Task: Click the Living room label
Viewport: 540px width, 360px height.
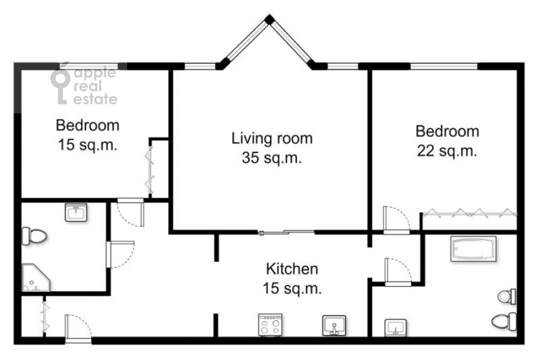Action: pyautogui.click(x=272, y=139)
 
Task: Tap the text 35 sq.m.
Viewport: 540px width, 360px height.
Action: pyautogui.click(x=272, y=158)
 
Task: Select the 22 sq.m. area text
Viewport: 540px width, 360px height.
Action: pyautogui.click(x=447, y=151)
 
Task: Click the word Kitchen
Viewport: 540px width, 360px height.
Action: pyautogui.click(x=292, y=269)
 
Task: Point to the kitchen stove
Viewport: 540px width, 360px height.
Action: pyautogui.click(x=271, y=325)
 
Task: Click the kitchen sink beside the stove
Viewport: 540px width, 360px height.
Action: pyautogui.click(x=334, y=326)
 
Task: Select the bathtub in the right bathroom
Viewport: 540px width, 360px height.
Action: pyautogui.click(x=473, y=248)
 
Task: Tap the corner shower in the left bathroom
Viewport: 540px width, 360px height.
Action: pyautogui.click(x=35, y=278)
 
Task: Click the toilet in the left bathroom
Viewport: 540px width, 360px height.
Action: pyautogui.click(x=34, y=236)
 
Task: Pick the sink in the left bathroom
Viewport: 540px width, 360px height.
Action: pyautogui.click(x=76, y=212)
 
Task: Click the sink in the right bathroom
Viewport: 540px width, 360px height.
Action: pyautogui.click(x=396, y=328)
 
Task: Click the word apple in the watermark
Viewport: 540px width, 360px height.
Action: pyautogui.click(x=95, y=73)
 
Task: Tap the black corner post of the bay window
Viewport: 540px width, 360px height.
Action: pyautogui.click(x=269, y=19)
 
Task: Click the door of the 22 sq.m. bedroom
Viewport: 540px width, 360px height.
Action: pyautogui.click(x=397, y=220)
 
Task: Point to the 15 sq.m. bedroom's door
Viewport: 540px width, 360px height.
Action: pyautogui.click(x=131, y=212)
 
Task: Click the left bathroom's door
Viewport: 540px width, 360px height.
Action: pyautogui.click(x=120, y=254)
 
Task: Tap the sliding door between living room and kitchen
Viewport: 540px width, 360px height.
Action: pyautogui.click(x=287, y=233)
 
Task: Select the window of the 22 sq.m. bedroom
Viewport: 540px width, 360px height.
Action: pyautogui.click(x=444, y=66)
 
